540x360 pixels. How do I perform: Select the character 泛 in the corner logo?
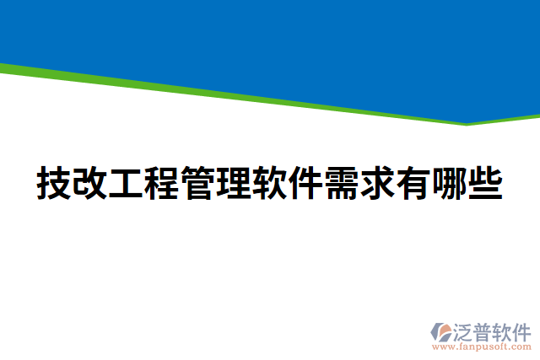[x=466, y=330]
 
